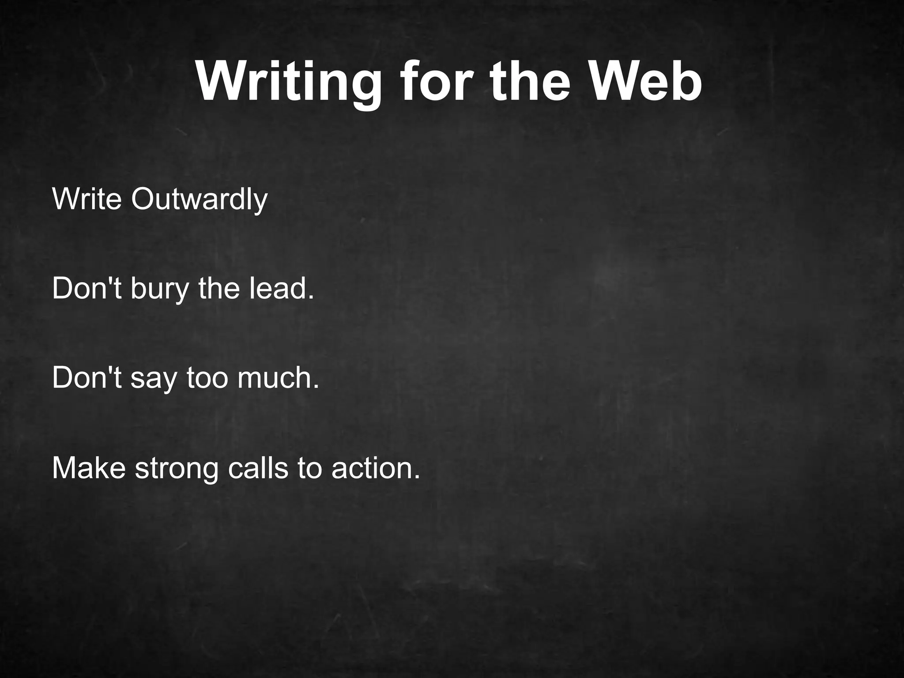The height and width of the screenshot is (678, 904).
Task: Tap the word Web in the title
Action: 646,82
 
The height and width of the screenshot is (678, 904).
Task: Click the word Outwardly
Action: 199,199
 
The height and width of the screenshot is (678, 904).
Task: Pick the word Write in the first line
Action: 87,199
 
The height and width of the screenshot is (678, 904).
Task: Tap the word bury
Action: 159,290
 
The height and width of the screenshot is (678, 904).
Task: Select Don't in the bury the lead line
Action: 87,289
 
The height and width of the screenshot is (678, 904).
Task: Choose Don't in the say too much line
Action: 87,378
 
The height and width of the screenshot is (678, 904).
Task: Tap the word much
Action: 274,378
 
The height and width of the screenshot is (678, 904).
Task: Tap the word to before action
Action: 309,468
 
